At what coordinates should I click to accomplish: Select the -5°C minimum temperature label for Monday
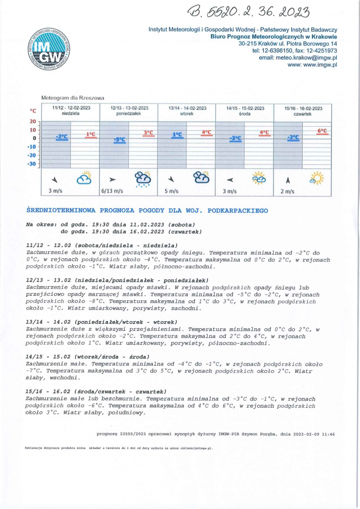[x=120, y=139]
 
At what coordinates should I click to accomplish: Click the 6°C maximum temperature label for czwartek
[x=322, y=131]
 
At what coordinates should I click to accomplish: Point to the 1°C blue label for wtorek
[x=178, y=135]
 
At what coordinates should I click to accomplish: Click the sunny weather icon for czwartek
[x=317, y=179]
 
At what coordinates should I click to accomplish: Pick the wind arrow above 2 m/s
[x=288, y=179]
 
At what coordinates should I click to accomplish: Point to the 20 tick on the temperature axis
[x=33, y=122]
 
